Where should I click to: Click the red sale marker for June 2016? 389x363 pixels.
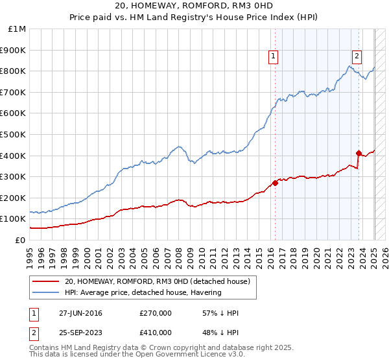click(275, 183)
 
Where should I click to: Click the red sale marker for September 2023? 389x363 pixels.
click(359, 153)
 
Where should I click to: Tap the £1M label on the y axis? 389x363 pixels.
click(18, 29)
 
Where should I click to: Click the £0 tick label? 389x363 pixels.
click(21, 240)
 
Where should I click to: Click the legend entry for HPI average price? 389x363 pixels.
click(143, 292)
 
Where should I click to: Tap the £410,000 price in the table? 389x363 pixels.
click(156, 333)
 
